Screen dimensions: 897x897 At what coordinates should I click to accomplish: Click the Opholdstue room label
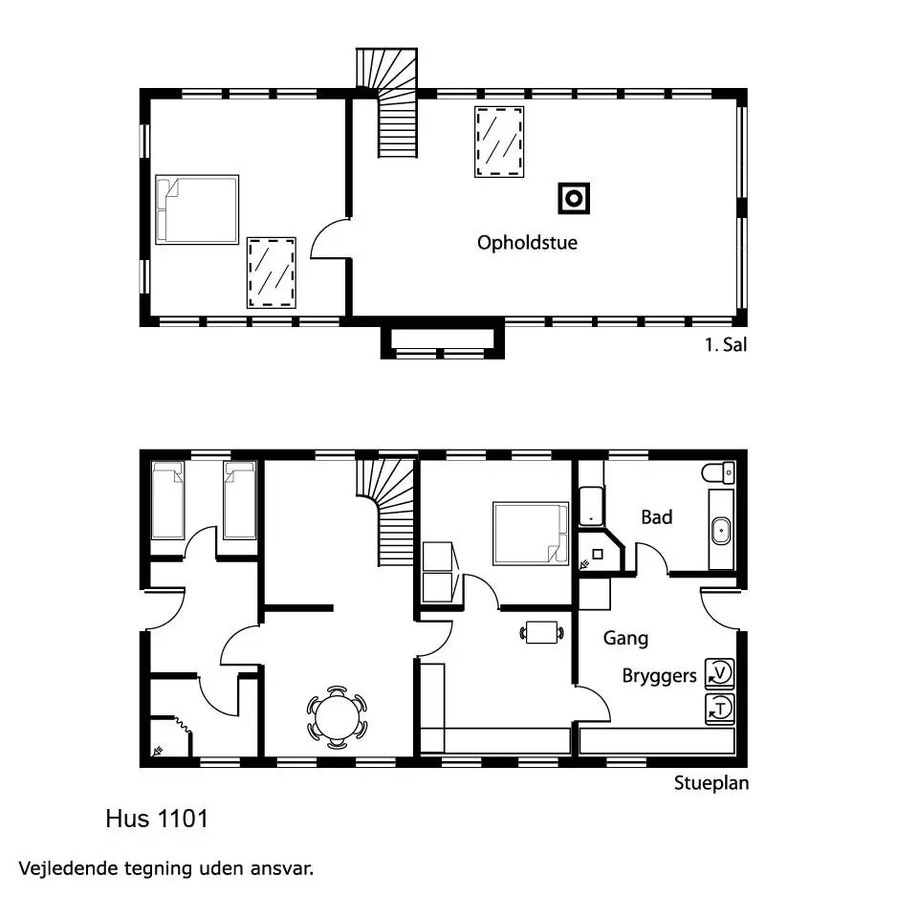coord(527,243)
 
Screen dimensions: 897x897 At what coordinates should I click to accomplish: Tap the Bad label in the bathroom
coord(656,517)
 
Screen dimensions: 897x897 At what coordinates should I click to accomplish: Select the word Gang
coord(625,638)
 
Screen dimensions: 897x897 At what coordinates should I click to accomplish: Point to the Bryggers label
coord(659,676)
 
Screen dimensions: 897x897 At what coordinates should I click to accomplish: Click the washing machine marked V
coord(720,673)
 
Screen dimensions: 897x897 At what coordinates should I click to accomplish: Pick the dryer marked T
coord(720,709)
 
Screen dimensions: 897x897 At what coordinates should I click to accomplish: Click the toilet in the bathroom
coord(718,473)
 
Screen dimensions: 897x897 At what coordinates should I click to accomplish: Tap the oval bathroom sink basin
coord(721,532)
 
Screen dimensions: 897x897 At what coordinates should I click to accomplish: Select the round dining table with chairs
coord(337,717)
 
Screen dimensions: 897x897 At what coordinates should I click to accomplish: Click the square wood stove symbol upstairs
coord(574,199)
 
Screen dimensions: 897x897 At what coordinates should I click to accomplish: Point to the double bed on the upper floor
coord(197,209)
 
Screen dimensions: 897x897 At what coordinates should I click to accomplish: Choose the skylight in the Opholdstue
coord(499,142)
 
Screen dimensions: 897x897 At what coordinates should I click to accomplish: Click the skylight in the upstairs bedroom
coord(272,273)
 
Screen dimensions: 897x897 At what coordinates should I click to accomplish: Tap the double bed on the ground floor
coord(531,534)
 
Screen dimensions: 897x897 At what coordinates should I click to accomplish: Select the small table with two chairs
coord(541,633)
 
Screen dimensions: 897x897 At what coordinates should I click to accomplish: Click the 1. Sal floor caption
coord(726,345)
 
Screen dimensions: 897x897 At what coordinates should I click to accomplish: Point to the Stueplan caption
coord(711,783)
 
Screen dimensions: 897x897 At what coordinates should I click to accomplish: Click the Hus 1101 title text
coord(157,819)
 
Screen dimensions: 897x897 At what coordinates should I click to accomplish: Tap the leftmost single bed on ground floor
coord(167,500)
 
